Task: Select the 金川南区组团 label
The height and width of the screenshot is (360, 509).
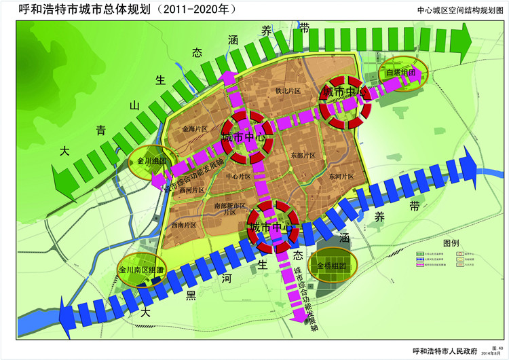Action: (141, 270)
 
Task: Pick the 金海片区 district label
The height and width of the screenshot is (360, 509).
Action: (194, 128)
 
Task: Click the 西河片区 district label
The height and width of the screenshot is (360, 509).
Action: (191, 191)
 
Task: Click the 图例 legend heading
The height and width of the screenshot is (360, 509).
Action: (451, 242)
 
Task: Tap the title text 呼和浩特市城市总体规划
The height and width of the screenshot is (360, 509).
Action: (96, 11)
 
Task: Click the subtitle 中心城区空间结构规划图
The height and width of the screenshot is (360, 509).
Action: (461, 11)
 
